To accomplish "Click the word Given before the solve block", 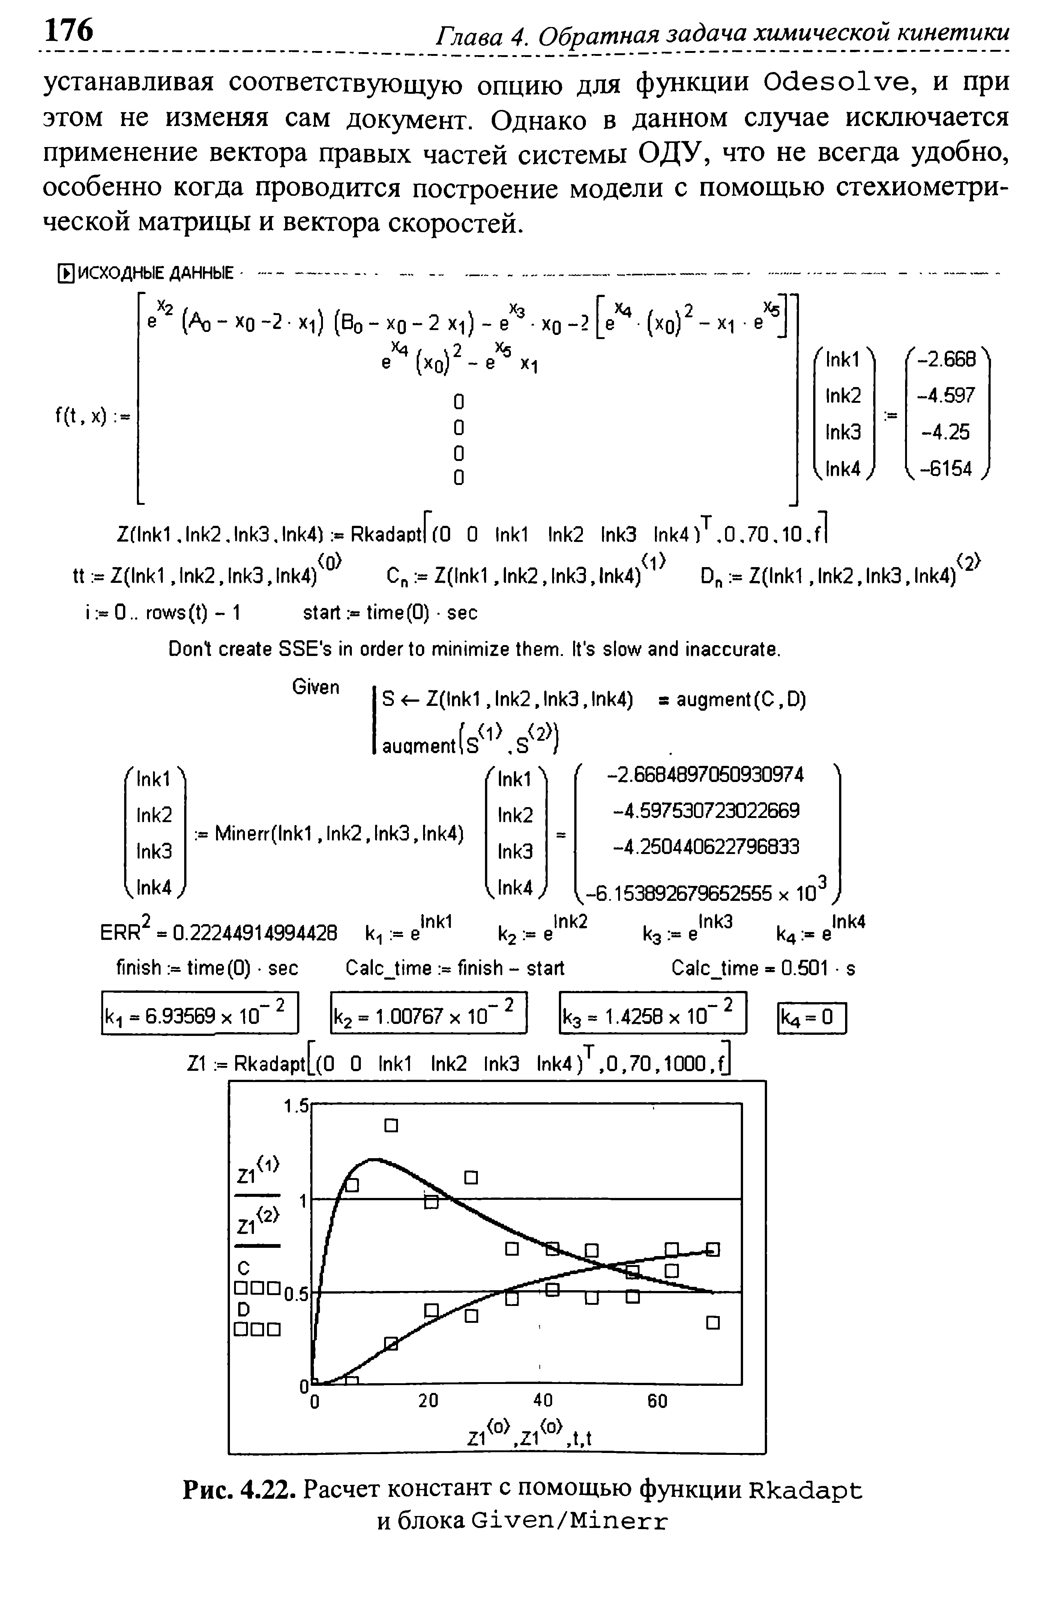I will tap(316, 687).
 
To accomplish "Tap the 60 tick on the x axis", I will tap(657, 1400).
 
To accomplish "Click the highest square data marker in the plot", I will tap(391, 1126).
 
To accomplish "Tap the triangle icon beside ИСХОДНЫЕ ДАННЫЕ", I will tap(66, 274).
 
